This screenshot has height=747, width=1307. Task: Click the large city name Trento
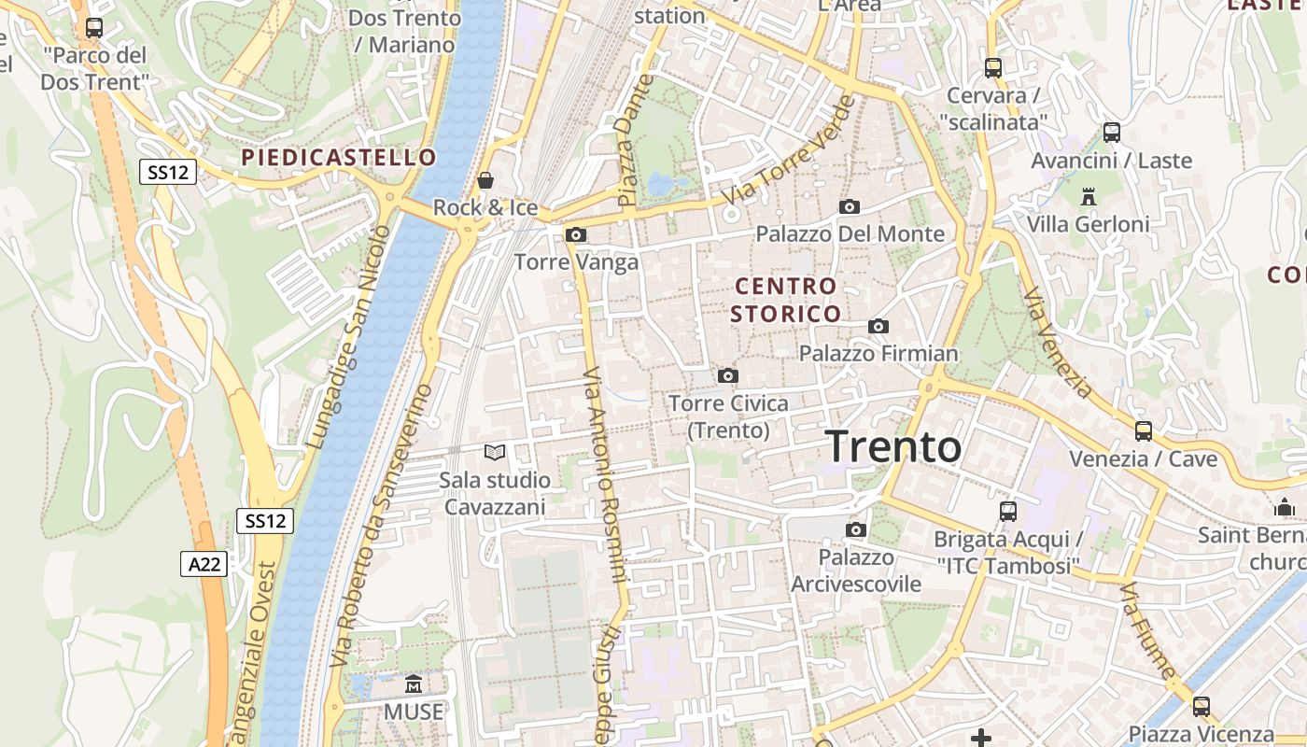tap(893, 446)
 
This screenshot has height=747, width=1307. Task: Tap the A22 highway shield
tap(204, 563)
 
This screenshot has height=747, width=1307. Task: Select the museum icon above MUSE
tap(414, 685)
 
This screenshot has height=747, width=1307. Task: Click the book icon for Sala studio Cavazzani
tap(495, 453)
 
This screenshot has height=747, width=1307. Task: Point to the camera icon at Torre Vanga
tap(576, 234)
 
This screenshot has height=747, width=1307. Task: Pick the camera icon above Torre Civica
tap(728, 375)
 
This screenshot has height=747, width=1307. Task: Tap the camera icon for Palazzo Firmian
tap(878, 326)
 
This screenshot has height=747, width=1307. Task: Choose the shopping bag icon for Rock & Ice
tap(485, 179)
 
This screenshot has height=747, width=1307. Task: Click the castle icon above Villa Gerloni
tap(1088, 196)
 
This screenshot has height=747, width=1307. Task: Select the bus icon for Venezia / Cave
tap(1144, 430)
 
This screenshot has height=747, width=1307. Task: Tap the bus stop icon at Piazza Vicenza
tap(1202, 706)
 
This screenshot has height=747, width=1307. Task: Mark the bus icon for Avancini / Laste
tap(1111, 132)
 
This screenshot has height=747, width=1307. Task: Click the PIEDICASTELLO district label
tap(339, 157)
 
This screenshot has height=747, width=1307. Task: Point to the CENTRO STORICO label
tap(785, 299)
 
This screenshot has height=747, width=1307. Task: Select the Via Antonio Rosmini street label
tap(604, 474)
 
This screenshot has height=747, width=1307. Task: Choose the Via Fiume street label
tap(1147, 630)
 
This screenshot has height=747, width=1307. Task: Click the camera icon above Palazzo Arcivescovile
tap(855, 530)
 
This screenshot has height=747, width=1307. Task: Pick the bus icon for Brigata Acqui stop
tap(1008, 511)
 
